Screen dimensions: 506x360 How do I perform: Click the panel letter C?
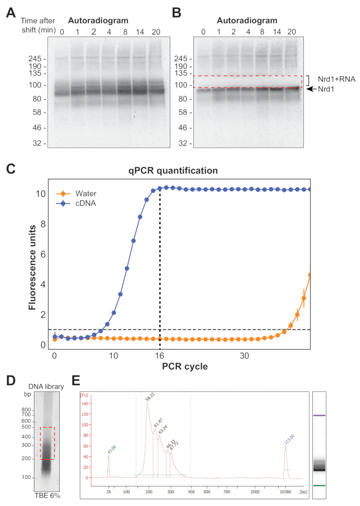pyautogui.click(x=10, y=169)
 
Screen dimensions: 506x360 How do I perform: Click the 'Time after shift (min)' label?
pyautogui.click(x=37, y=26)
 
